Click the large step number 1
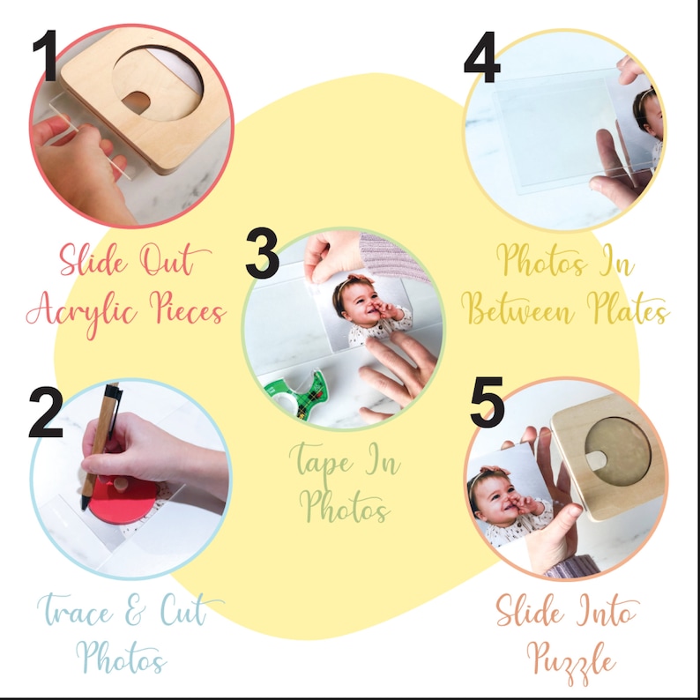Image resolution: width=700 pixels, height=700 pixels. click(45, 56)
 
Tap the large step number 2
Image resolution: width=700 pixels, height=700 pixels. click(46, 412)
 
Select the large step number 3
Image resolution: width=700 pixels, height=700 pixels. click(263, 253)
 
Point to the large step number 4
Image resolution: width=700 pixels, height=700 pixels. click(481, 57)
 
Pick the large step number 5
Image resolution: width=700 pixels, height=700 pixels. click(488, 402)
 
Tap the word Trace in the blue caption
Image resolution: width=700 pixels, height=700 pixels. click(75, 609)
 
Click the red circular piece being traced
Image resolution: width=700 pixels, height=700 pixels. click(123, 499)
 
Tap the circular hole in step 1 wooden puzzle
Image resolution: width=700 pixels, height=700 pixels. click(158, 84)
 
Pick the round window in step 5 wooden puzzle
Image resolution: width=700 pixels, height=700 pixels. click(618, 451)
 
